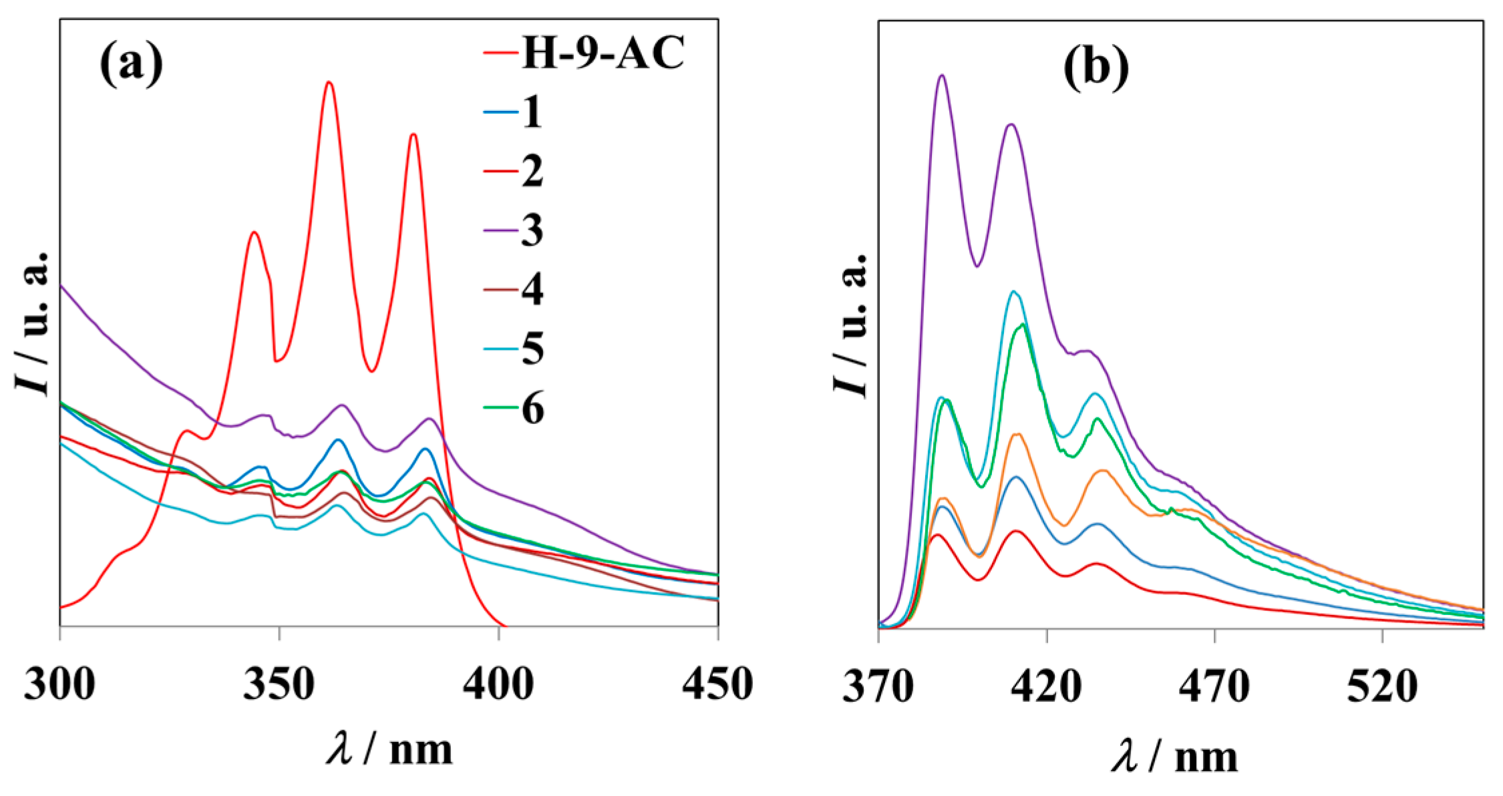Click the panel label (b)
coord(1096,67)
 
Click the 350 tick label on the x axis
coord(279,684)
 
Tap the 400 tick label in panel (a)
coord(498,684)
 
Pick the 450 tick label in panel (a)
coord(717,684)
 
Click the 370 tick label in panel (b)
coord(878,687)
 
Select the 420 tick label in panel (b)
coord(1046,687)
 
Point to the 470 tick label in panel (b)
coord(1214,687)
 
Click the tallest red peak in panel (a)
coord(329,83)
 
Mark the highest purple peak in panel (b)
coord(942,75)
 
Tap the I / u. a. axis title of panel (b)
coord(851,325)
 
